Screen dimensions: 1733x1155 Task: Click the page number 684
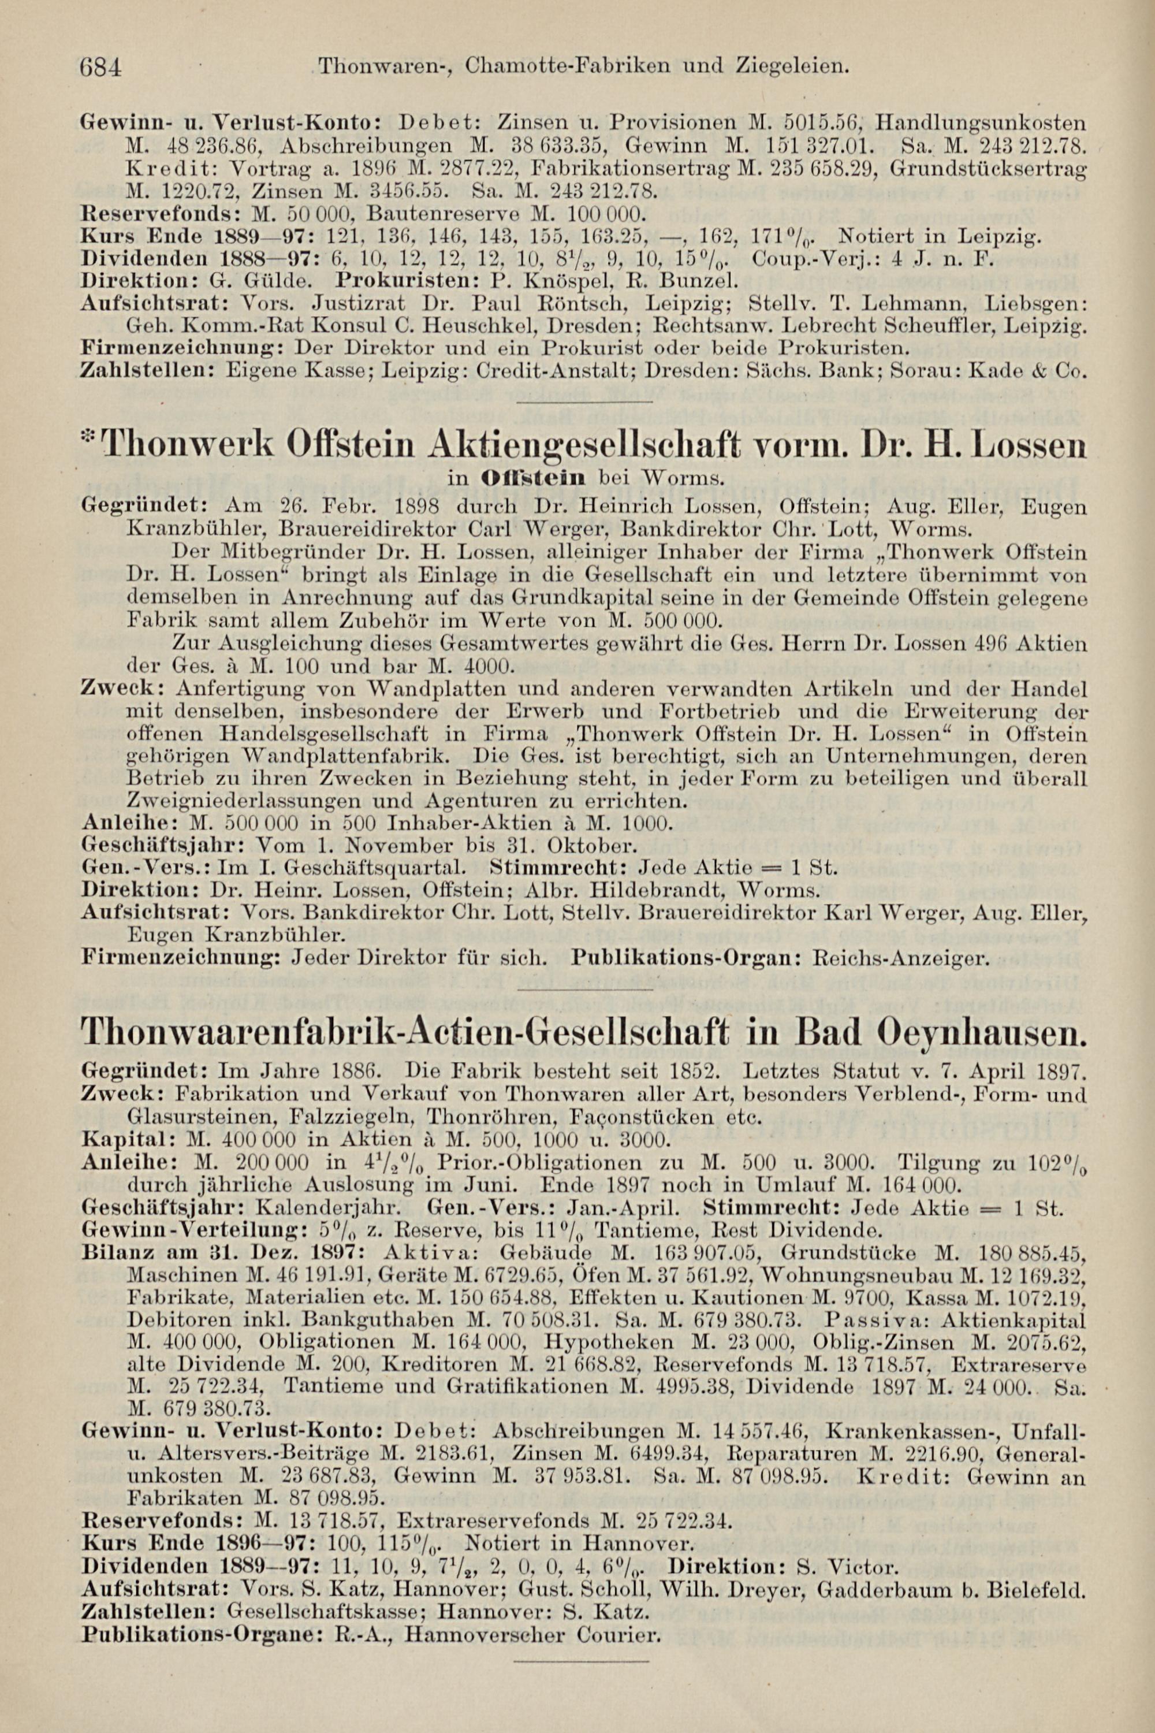(102, 68)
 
